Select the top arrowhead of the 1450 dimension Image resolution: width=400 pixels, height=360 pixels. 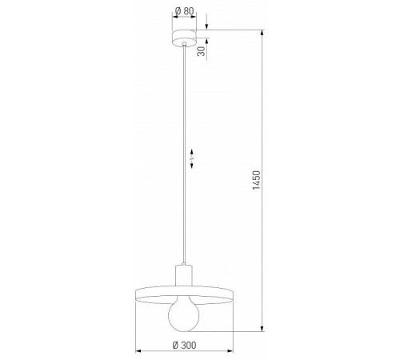pyautogui.click(x=265, y=33)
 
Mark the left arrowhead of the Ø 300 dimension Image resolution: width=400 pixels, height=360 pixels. pyautogui.click(x=138, y=351)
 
